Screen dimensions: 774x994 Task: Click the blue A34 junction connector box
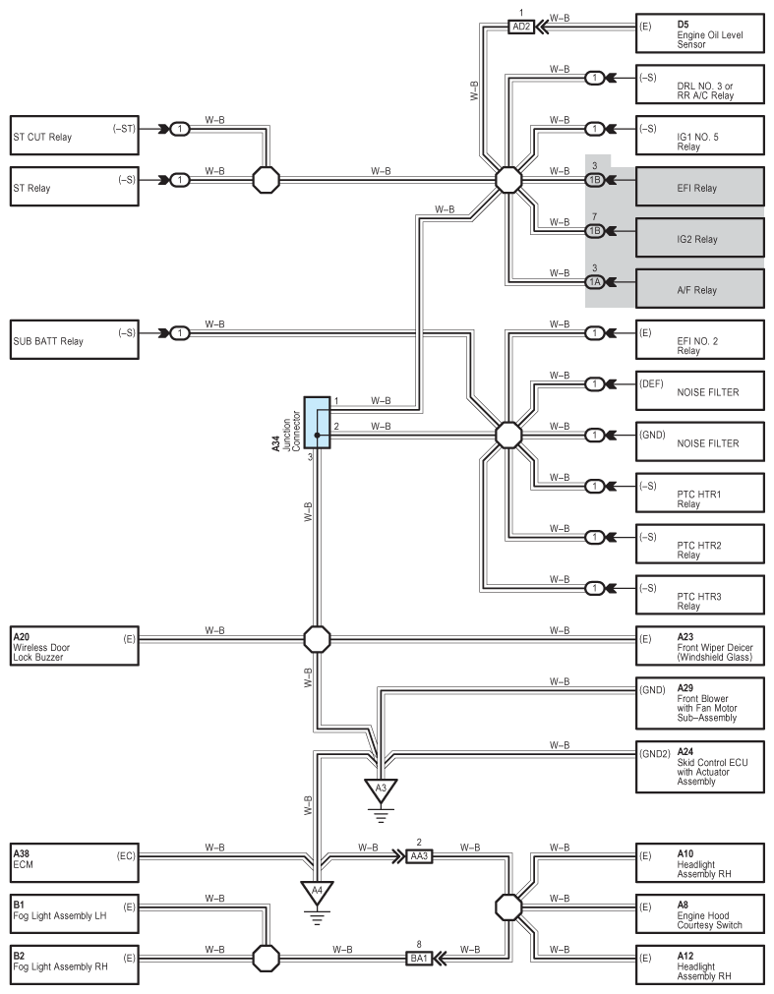[317, 423]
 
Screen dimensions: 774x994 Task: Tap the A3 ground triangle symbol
[381, 789]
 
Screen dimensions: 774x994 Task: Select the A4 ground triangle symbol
[317, 892]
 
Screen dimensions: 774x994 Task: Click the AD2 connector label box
[521, 27]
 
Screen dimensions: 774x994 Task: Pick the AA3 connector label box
[419, 855]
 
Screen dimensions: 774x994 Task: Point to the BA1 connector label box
[419, 958]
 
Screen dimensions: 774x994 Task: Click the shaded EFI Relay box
[700, 187]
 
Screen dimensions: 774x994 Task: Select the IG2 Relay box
[700, 238]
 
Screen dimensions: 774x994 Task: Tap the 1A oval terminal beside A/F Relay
[595, 282]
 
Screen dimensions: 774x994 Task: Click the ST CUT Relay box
[74, 136]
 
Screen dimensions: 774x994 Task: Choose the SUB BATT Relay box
[74, 340]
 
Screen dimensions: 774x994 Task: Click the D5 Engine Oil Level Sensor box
[700, 33]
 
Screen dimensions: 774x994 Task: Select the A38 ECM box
[74, 863]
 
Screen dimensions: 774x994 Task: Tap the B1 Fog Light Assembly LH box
[74, 914]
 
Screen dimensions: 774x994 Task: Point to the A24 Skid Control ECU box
[700, 767]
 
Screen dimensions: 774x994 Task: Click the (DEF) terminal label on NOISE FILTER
[652, 383]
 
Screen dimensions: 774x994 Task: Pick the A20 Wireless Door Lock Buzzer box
[74, 646]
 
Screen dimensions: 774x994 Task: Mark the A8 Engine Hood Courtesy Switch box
[700, 914]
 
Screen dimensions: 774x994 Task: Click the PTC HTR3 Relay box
[700, 595]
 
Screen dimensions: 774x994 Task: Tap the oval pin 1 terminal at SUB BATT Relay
[180, 333]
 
